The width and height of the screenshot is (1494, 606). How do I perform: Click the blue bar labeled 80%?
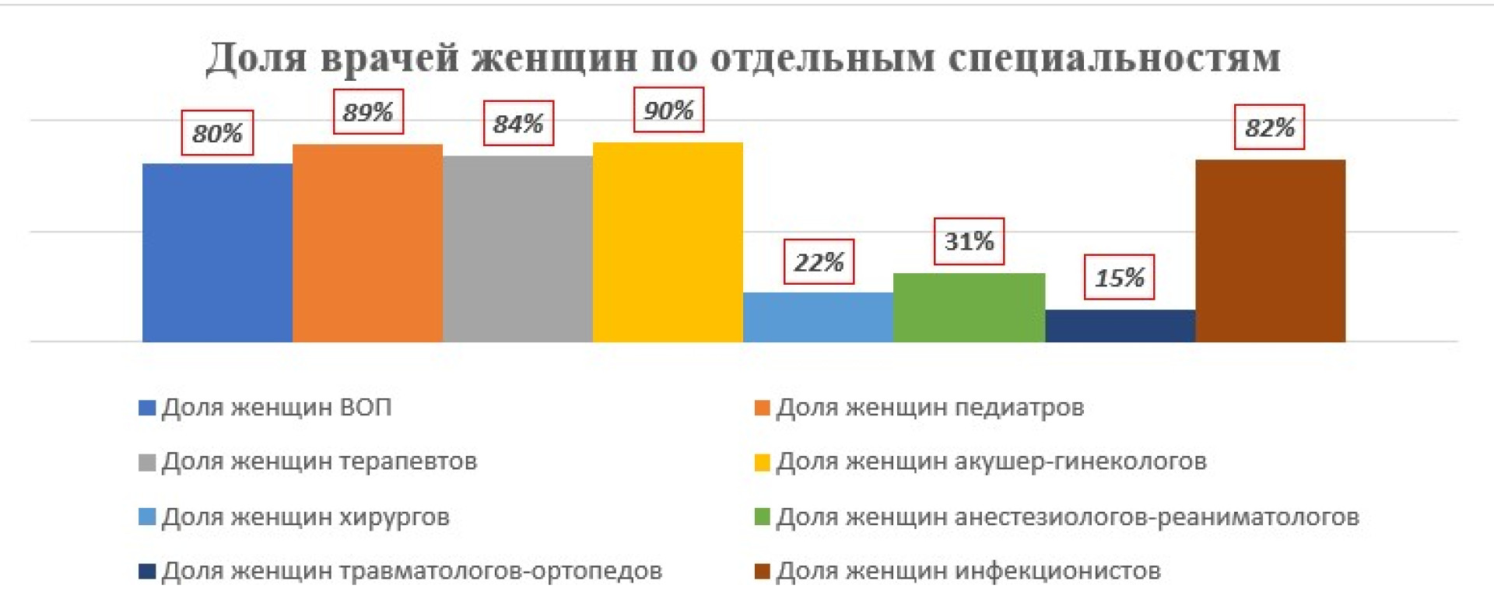(x=217, y=252)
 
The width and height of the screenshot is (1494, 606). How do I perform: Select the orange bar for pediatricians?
(x=367, y=243)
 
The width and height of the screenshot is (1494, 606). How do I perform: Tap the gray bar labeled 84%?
(x=517, y=248)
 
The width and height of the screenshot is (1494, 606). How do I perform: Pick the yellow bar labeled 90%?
(x=668, y=242)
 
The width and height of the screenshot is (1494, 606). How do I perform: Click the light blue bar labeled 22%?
(x=818, y=317)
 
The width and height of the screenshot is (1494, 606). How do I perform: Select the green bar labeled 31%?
(x=969, y=307)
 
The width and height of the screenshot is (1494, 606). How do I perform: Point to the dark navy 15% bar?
(x=1120, y=325)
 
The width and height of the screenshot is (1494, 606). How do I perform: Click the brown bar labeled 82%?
(x=1270, y=250)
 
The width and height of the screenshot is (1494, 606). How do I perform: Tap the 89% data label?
(x=368, y=112)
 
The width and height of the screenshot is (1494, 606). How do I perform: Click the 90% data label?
(x=668, y=110)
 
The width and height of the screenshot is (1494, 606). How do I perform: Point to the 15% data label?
(x=1119, y=277)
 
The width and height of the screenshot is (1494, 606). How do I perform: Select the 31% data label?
(x=969, y=241)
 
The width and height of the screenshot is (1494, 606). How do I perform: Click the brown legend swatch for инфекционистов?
(x=763, y=573)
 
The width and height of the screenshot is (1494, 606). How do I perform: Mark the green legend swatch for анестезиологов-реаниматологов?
(x=763, y=517)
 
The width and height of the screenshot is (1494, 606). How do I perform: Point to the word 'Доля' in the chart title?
(x=256, y=58)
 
